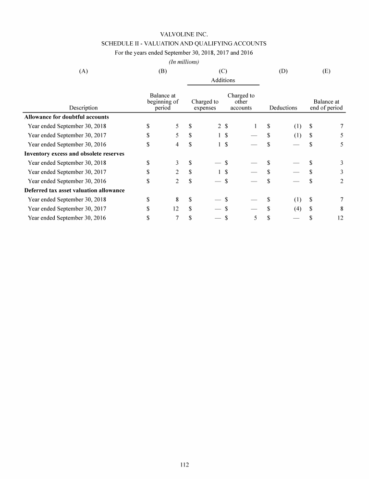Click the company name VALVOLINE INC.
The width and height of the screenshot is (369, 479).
pyautogui.click(x=184, y=34)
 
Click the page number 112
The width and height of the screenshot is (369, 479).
pyautogui.click(x=184, y=465)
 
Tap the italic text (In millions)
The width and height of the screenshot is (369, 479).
pyautogui.click(x=184, y=61)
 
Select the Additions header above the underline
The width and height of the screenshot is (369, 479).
pyautogui.click(x=223, y=80)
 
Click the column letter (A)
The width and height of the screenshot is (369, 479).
pyautogui.click(x=84, y=71)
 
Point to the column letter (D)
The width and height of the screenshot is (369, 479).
pyautogui.click(x=283, y=71)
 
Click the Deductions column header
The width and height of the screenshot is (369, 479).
pyautogui.click(x=283, y=108)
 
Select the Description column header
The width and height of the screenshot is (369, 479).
pyautogui.click(x=84, y=108)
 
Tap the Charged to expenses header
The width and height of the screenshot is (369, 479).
pyautogui.click(x=205, y=105)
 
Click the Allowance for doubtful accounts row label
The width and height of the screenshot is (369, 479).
pyautogui.click(x=66, y=117)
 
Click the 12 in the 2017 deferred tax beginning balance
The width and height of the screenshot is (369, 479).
pyautogui.click(x=176, y=209)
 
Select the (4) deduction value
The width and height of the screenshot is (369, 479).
pyautogui.click(x=297, y=209)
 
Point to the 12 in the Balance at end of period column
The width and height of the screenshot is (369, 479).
pyautogui.click(x=340, y=218)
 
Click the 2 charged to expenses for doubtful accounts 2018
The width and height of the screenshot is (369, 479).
pyautogui.click(x=219, y=126)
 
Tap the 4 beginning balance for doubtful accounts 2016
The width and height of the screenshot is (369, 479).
pyautogui.click(x=177, y=144)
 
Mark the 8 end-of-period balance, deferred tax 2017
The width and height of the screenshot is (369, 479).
pyautogui.click(x=341, y=209)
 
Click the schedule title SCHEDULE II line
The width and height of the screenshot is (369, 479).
pyautogui.click(x=184, y=43)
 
